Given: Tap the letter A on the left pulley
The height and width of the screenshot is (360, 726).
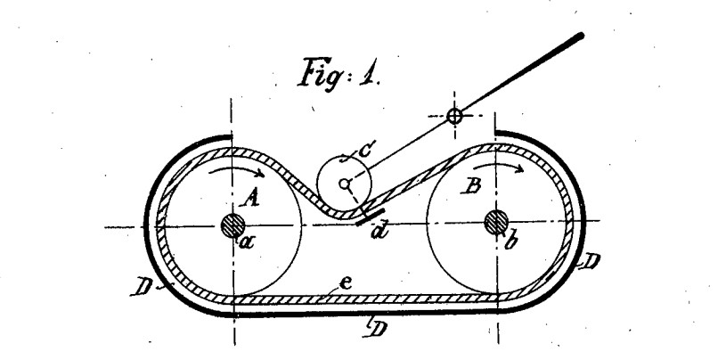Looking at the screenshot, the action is tap(250, 199).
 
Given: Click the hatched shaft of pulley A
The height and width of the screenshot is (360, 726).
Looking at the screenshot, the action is tap(232, 225).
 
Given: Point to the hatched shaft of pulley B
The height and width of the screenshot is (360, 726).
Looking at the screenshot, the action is tap(496, 222).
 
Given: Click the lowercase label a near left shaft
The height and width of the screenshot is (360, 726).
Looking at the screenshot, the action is tap(248, 241).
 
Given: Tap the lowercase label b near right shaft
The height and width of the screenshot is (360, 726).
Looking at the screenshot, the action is tap(510, 241).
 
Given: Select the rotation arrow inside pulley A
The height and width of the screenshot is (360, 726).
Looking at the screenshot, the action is tap(237, 172).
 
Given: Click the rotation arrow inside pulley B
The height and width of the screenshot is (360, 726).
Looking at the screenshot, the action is tap(498, 168).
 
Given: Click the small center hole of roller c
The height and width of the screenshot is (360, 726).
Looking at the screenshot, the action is tap(344, 184).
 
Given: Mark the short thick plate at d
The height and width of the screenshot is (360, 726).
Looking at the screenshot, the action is tap(371, 217).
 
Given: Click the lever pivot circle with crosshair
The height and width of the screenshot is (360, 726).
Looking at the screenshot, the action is tap(454, 116).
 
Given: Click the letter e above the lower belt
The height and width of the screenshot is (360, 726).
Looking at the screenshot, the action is tap(345, 283).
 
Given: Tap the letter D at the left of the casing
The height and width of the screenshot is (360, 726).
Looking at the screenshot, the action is tap(142, 288).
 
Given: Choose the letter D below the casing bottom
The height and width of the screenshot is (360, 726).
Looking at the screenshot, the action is tap(378, 329).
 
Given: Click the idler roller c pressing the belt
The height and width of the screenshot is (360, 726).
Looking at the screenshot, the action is tap(344, 158).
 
